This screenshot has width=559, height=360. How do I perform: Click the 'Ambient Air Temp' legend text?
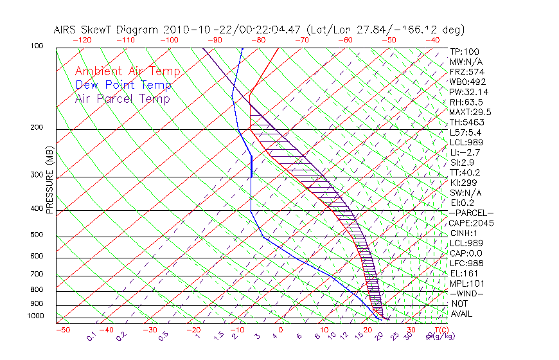coord(127,71)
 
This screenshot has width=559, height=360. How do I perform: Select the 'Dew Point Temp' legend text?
coord(123,85)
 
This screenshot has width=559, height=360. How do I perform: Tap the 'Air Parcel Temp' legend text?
coord(122,98)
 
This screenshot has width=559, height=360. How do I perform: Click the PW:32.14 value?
coord(466,92)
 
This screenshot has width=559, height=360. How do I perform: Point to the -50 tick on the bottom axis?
coord(62,330)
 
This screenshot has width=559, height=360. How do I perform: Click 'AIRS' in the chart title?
coord(67,30)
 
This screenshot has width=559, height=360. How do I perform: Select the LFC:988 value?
coord(465,263)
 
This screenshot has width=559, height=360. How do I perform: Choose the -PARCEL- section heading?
coord(471,213)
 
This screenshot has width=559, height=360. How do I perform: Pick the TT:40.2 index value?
coord(465,172)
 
